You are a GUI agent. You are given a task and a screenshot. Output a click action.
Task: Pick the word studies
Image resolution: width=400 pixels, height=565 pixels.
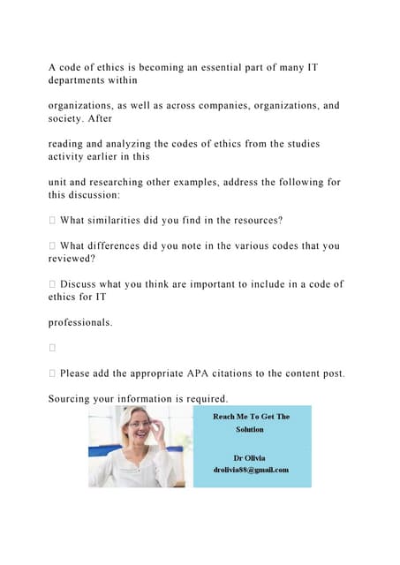click(298, 143)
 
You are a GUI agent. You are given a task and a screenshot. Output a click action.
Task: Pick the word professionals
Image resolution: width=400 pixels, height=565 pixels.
click(79, 323)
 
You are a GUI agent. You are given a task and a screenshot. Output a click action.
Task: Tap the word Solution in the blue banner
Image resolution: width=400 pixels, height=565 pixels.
click(250, 430)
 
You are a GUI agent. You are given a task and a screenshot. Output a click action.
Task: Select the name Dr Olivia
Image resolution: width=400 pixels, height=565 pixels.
click(250, 458)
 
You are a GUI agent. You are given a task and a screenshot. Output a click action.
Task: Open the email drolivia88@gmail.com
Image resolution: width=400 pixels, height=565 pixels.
click(250, 470)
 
